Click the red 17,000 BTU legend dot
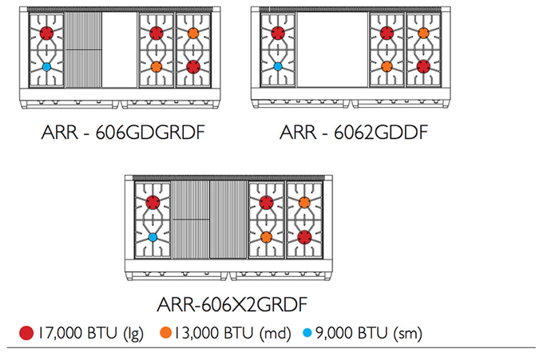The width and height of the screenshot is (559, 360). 26,333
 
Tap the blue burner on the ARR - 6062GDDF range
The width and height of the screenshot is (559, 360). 278,67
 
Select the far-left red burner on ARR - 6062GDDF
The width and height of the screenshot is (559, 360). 278,33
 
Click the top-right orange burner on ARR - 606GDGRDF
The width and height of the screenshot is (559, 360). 192,33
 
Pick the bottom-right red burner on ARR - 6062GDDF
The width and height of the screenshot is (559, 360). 423,66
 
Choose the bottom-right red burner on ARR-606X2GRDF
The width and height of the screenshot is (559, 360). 304,236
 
